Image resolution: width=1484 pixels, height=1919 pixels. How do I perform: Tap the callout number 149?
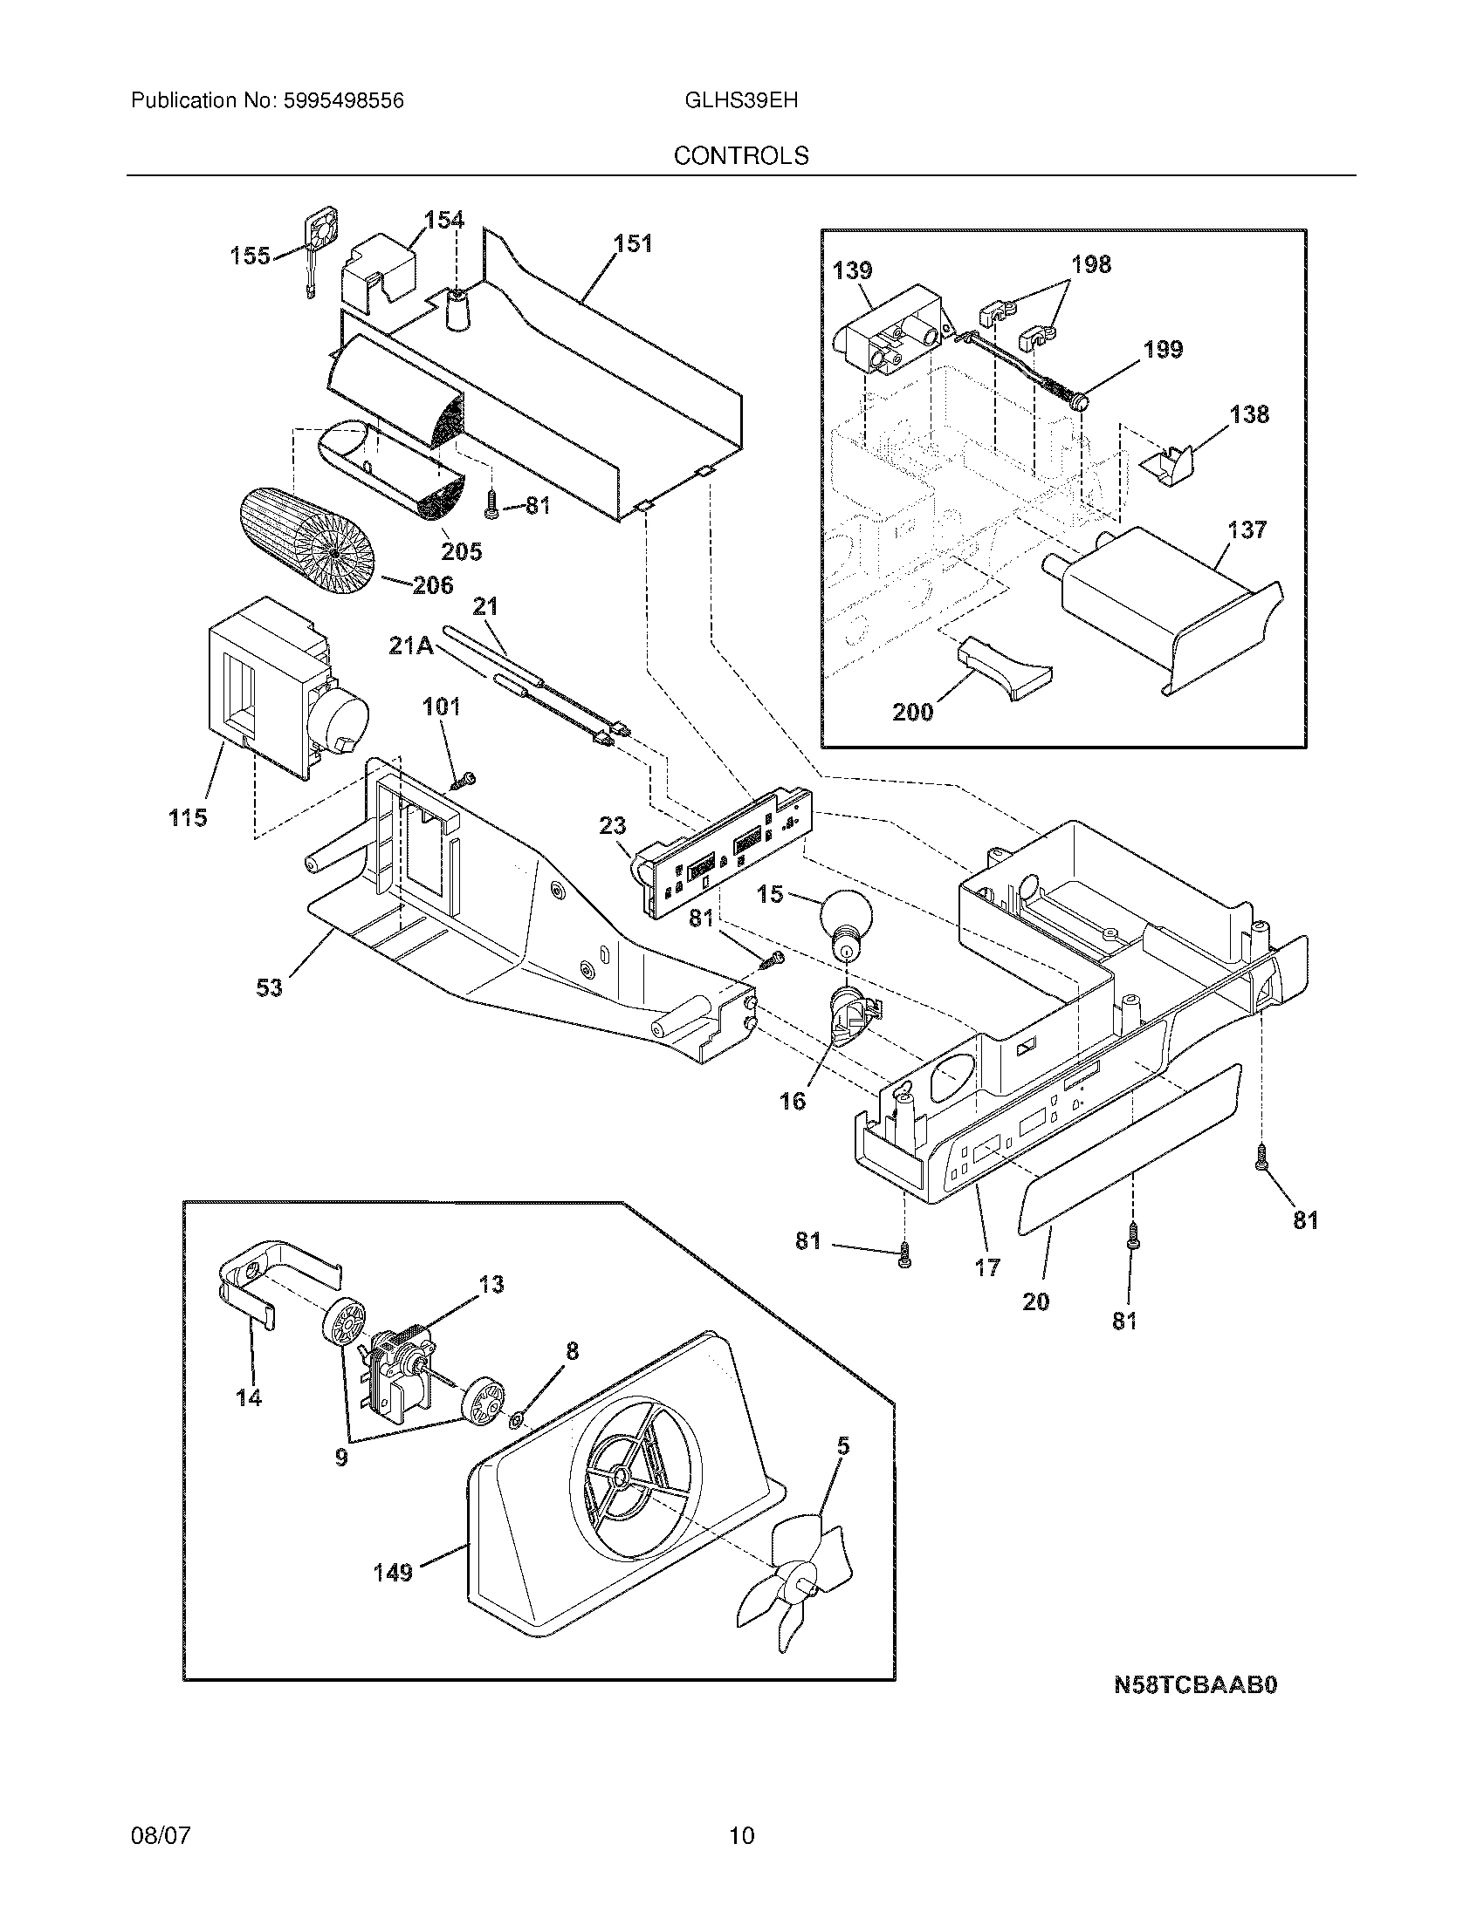click(x=393, y=1573)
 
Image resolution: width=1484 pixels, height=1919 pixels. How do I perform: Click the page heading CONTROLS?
click(x=741, y=155)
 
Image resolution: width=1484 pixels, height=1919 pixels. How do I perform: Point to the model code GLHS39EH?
click(x=741, y=100)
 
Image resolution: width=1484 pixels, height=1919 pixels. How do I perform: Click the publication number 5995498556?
click(x=343, y=100)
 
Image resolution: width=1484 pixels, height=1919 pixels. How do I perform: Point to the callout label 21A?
click(x=410, y=645)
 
